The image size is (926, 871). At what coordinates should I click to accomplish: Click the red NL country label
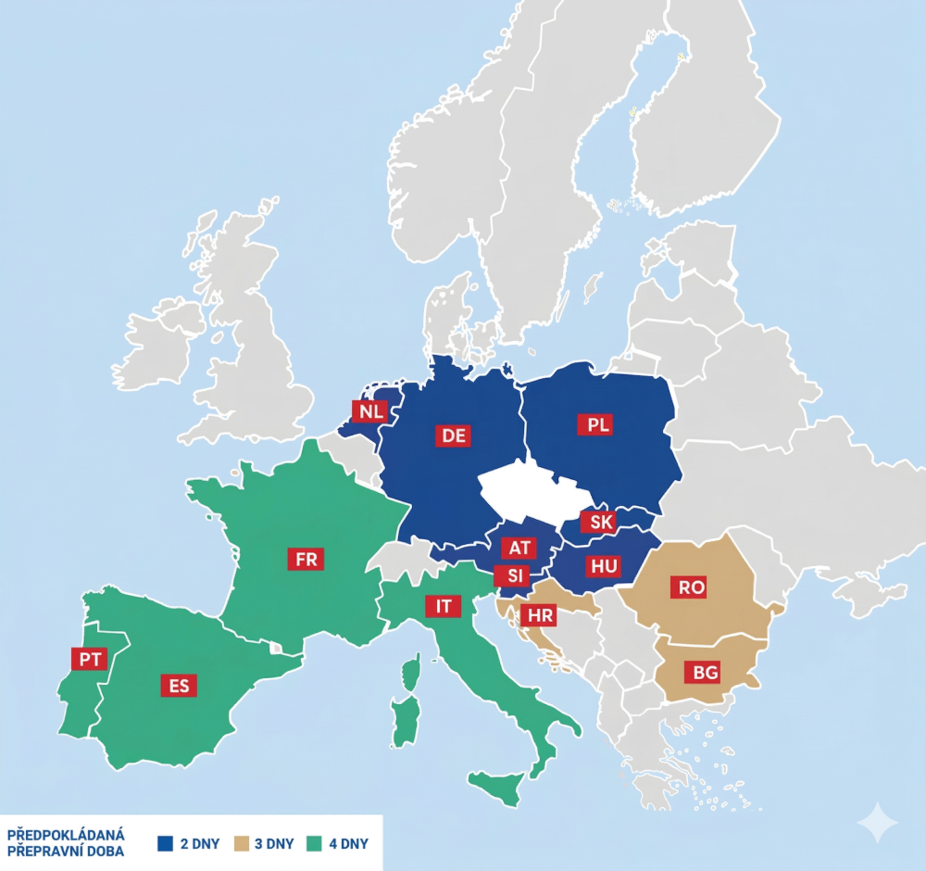pyautogui.click(x=369, y=411)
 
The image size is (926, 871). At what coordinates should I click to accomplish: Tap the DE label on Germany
pyautogui.click(x=454, y=435)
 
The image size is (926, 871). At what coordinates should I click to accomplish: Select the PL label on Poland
pyautogui.click(x=599, y=424)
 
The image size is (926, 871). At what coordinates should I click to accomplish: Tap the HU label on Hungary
pyautogui.click(x=603, y=565)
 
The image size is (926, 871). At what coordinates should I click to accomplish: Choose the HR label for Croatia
pyautogui.click(x=537, y=615)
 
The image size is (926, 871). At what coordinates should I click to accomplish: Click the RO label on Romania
pyautogui.click(x=691, y=587)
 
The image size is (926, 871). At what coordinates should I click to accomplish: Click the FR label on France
pyautogui.click(x=306, y=559)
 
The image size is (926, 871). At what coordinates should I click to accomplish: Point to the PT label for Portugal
pyautogui.click(x=90, y=659)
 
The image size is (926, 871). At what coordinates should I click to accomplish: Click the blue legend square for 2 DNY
pyautogui.click(x=166, y=843)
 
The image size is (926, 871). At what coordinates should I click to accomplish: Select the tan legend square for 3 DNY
pyautogui.click(x=243, y=843)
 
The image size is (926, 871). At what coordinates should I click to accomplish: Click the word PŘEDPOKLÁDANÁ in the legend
pyautogui.click(x=66, y=835)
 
